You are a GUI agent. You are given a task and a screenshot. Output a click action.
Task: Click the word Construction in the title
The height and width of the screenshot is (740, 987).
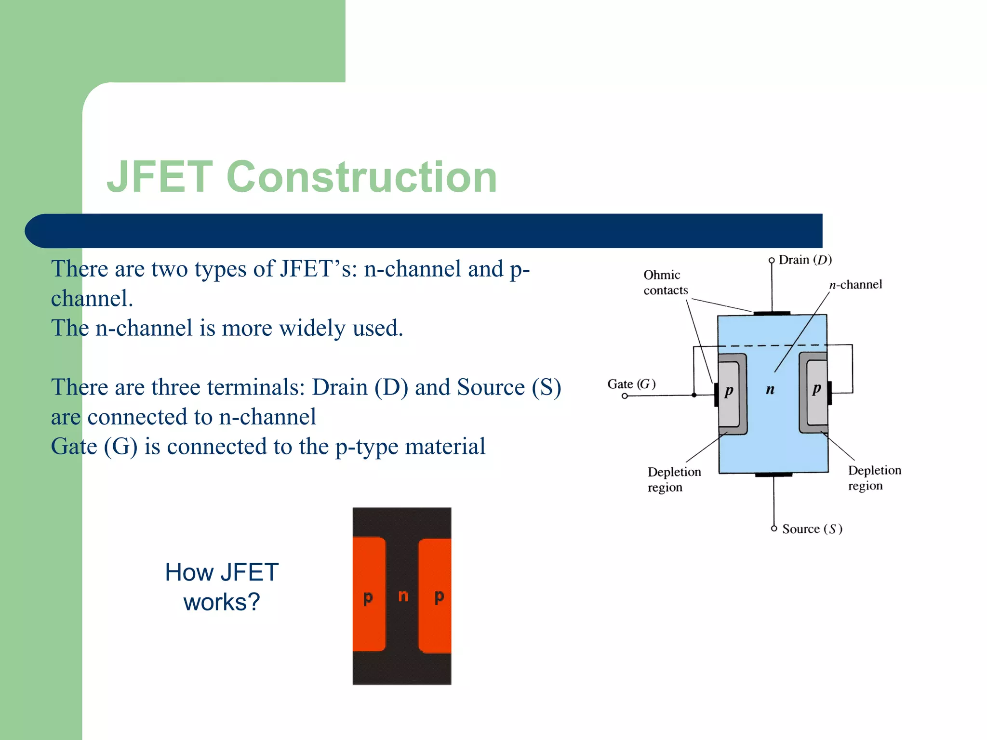click(361, 177)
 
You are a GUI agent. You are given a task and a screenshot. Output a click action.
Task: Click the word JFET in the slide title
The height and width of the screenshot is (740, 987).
click(160, 177)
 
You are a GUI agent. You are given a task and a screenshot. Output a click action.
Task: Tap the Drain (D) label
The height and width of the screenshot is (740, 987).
click(805, 260)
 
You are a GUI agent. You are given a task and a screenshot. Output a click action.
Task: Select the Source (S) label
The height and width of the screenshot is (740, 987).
click(812, 529)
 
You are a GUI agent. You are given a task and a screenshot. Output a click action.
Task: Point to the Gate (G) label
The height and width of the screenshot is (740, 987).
click(631, 384)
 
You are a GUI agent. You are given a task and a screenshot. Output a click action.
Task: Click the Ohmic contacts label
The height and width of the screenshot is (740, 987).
click(665, 282)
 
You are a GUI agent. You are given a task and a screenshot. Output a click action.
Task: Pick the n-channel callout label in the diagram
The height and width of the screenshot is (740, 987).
click(855, 285)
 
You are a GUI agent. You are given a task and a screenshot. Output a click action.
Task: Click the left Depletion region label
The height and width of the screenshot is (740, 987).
click(674, 479)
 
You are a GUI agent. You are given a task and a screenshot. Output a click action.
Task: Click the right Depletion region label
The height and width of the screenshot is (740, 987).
click(874, 478)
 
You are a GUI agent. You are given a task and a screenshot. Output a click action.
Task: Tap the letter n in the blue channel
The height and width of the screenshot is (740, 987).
click(770, 389)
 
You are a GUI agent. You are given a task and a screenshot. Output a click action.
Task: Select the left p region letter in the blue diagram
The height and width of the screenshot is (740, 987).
click(729, 390)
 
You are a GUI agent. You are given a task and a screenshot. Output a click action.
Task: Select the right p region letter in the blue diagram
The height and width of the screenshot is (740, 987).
click(816, 388)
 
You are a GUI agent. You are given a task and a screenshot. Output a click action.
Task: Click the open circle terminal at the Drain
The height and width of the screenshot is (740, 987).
click(772, 260)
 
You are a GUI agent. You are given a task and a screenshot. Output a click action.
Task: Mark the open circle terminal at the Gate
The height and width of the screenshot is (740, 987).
click(625, 396)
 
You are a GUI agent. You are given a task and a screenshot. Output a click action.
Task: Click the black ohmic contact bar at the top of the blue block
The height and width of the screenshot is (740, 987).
click(772, 313)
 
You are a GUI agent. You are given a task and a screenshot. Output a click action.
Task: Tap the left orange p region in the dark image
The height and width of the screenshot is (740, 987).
click(369, 595)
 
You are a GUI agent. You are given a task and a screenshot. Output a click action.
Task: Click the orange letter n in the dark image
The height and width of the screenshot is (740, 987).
click(403, 596)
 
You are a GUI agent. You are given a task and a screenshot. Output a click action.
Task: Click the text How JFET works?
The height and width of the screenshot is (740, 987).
click(222, 587)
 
